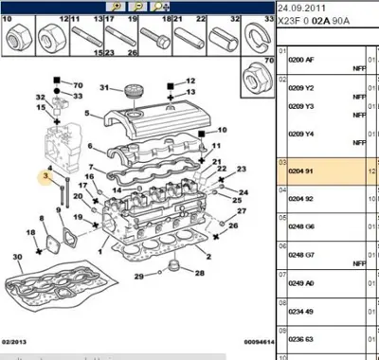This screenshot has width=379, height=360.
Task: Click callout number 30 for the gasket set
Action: pyautogui.click(x=15, y=258)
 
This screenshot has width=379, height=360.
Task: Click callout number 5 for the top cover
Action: pyautogui.click(x=87, y=113)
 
